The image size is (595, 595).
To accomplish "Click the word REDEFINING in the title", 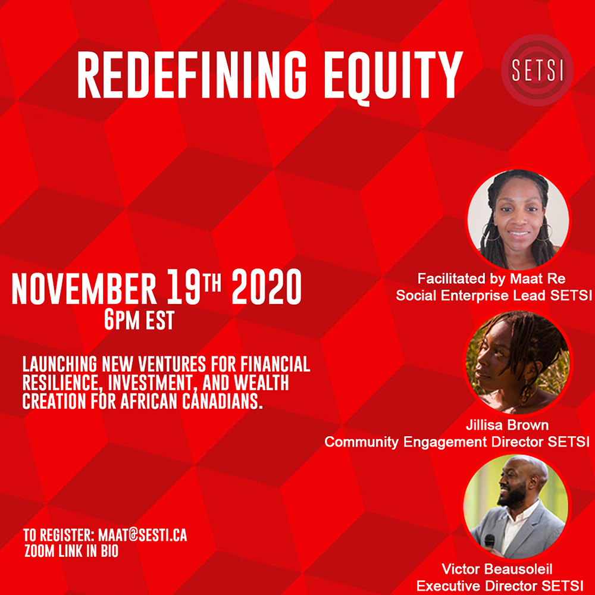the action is point(192,75).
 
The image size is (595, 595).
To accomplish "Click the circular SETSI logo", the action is point(537,70).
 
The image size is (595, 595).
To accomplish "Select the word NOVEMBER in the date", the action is point(84,289).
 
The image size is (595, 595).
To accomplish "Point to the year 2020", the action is point(267,287).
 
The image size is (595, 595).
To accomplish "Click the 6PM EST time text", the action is point(139,320).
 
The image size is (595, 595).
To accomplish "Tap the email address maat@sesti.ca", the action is point(143,535).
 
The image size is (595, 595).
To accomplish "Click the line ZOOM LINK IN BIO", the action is point(71,551).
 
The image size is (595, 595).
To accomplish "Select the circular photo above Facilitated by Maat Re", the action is point(518,220).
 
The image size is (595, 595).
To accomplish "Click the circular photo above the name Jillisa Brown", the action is point(518,362).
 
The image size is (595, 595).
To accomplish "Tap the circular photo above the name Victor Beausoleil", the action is point(516,506).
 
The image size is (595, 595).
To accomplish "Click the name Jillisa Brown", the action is point(507,425).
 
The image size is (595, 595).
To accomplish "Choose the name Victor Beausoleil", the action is point(497,569).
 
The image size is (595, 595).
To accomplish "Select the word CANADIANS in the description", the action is point(223,402).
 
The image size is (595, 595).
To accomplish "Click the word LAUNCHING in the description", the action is point(59,364).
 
